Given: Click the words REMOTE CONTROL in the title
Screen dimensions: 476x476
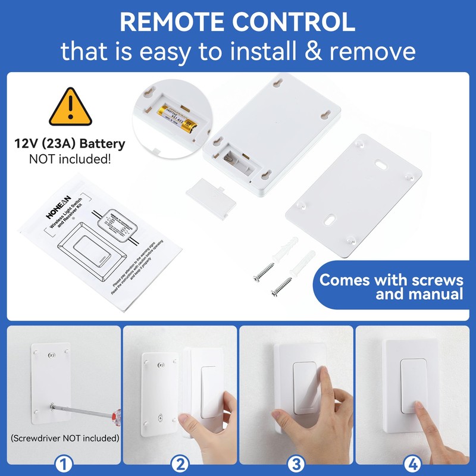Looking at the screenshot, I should pyautogui.click(x=238, y=21).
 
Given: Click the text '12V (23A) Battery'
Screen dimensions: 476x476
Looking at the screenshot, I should pyautogui.click(x=70, y=144).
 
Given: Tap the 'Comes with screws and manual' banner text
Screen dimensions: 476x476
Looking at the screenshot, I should pyautogui.click(x=391, y=287).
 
